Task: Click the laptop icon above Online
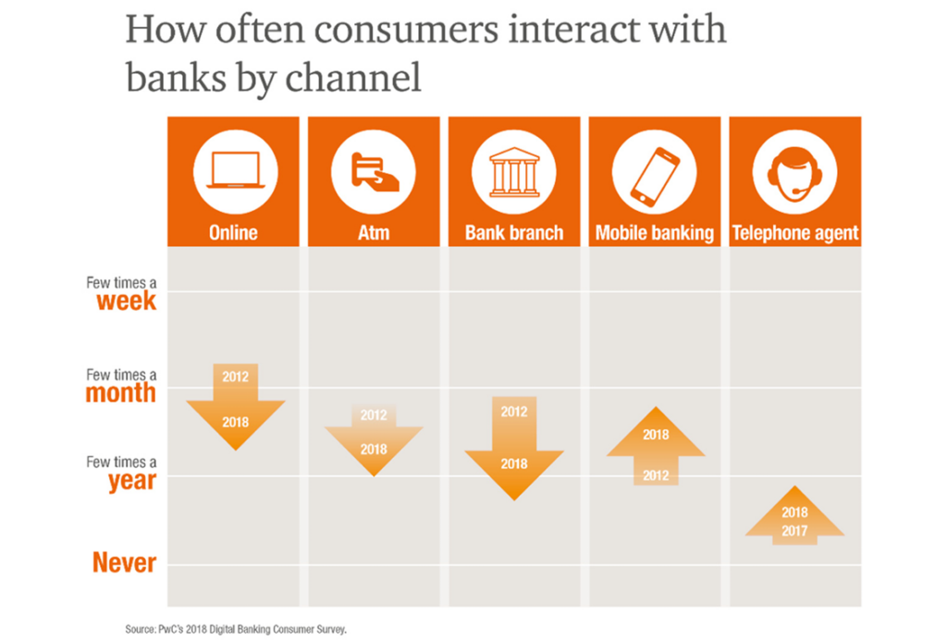pos(236,170)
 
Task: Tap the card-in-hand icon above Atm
pos(375,172)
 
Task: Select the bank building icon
pos(514,172)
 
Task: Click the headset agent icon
pos(794,173)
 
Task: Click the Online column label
pos(233,232)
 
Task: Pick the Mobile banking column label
pos(655,233)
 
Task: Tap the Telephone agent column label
pos(794,233)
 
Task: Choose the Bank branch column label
pos(514,232)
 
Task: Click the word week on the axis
pos(126,301)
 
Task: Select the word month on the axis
pos(121,393)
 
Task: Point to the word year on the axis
pos(132,482)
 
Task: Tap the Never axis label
pos(125,562)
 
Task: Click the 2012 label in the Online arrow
pos(236,377)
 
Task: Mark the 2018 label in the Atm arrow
pos(374,450)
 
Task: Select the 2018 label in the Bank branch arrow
pos(514,464)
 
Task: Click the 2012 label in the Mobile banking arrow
pos(656,475)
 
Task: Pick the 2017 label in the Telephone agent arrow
pos(794,531)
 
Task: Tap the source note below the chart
pos(236,629)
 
